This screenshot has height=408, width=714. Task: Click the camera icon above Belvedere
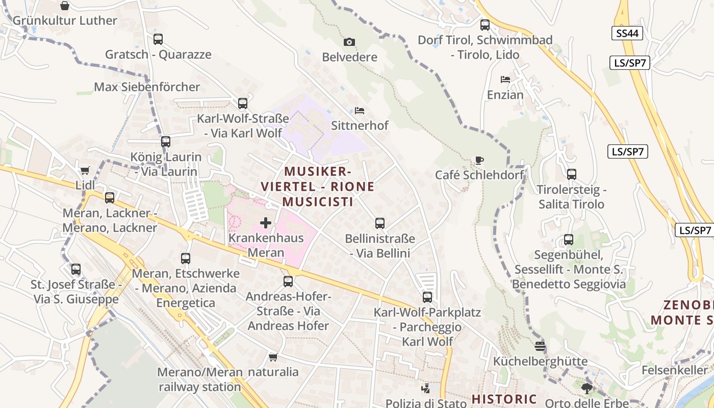(x=349, y=42)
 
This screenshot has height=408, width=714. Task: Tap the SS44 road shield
(x=627, y=34)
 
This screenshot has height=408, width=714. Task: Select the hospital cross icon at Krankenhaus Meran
(x=266, y=222)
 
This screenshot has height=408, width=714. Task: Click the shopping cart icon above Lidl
(x=85, y=170)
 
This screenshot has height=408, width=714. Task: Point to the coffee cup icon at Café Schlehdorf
(x=479, y=160)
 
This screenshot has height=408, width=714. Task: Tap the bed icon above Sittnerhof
(x=360, y=110)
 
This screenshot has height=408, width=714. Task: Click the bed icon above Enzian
(x=505, y=80)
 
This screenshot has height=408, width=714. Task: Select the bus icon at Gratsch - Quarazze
(x=158, y=39)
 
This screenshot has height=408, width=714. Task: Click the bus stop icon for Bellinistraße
(x=380, y=223)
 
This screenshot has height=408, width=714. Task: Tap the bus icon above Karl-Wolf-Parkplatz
(x=427, y=297)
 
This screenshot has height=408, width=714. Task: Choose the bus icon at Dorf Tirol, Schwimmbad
(x=485, y=24)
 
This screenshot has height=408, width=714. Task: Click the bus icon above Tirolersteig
(x=572, y=174)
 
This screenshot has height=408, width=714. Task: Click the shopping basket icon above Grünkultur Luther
(x=65, y=6)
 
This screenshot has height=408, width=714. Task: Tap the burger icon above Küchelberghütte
(x=541, y=346)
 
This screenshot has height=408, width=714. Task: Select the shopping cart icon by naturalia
(x=273, y=357)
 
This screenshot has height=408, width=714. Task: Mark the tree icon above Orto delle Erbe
(x=587, y=389)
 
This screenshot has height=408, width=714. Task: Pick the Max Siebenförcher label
(x=147, y=87)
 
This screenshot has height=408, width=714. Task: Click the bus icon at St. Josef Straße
(x=76, y=269)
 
